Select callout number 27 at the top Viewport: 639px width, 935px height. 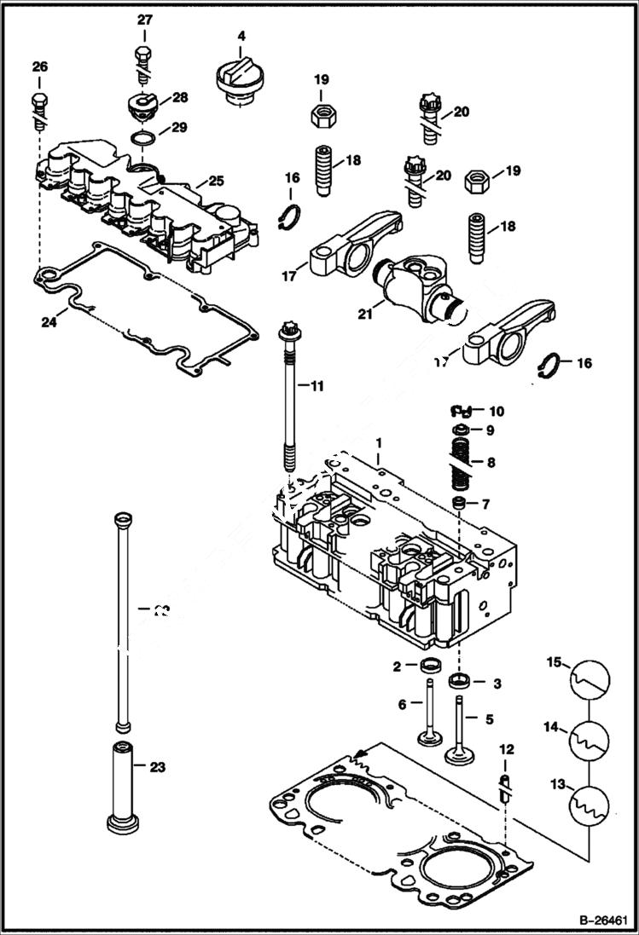coord(144,20)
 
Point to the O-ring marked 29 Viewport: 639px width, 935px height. coord(143,137)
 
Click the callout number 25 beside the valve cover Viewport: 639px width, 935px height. coord(217,182)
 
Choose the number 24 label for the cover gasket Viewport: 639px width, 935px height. coord(48,321)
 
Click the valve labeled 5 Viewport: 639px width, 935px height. coord(462,733)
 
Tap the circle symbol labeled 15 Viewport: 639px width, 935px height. coord(590,677)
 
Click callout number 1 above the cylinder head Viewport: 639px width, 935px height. coord(380,443)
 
